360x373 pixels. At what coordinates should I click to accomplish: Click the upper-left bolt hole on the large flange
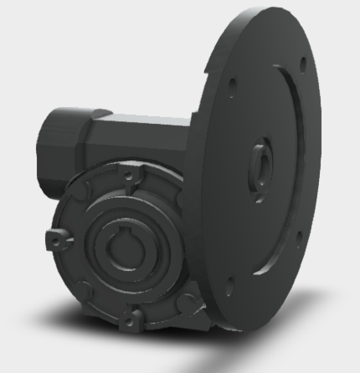point(231,83)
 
